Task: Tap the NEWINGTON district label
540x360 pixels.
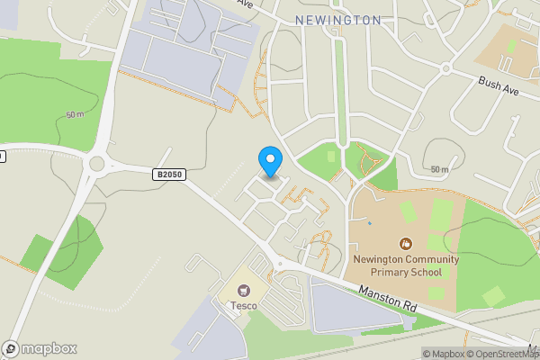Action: [337, 20]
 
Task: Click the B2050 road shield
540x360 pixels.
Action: [168, 175]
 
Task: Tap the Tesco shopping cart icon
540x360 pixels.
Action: [243, 290]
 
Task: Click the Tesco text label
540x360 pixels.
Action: [243, 306]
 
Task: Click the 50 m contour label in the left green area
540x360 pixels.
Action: [76, 114]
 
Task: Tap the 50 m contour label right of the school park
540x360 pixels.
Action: [439, 169]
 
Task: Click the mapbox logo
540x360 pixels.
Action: [40, 348]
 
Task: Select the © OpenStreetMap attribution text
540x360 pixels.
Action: [505, 353]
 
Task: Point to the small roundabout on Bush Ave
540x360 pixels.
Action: [445, 68]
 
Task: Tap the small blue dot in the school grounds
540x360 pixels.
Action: [369, 222]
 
